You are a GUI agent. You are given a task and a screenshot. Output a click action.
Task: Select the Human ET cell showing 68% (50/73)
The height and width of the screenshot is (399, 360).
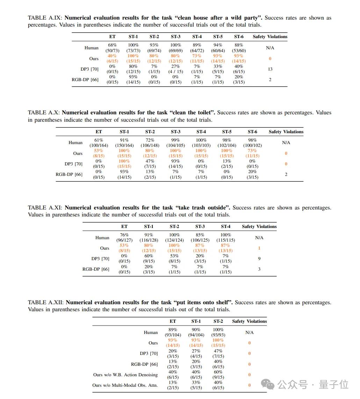point(112,48)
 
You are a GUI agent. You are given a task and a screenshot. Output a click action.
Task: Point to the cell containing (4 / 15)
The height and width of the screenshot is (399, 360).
point(175,69)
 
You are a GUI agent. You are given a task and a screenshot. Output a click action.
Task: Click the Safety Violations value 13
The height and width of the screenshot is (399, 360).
point(270,69)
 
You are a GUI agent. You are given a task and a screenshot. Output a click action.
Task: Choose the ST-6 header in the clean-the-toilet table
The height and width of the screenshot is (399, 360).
point(252,132)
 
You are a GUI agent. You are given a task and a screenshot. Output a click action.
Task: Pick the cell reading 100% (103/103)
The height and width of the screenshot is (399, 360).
point(201,143)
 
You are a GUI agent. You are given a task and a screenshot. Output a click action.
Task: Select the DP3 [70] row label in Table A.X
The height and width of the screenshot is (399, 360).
point(73,164)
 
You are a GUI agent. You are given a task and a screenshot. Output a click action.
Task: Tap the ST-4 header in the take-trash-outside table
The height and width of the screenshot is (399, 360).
point(225,227)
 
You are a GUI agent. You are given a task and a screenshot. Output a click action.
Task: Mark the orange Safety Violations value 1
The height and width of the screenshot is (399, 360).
point(259,248)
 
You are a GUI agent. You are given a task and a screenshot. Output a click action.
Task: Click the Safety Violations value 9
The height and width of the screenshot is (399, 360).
point(259,258)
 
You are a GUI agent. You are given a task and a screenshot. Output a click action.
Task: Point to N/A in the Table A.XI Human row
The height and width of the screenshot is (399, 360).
point(259,238)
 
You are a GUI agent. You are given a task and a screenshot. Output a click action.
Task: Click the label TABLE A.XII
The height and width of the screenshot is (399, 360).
point(45,302)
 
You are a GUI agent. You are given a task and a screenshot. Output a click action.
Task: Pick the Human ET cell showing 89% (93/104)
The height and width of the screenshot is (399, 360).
point(173,332)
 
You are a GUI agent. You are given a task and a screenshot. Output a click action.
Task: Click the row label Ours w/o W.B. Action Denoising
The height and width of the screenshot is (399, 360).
point(125,375)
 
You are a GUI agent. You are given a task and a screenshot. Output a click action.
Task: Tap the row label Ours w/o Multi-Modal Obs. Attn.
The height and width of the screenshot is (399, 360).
point(125,385)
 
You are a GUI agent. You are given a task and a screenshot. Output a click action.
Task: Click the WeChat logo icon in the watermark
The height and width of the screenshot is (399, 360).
point(270,385)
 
